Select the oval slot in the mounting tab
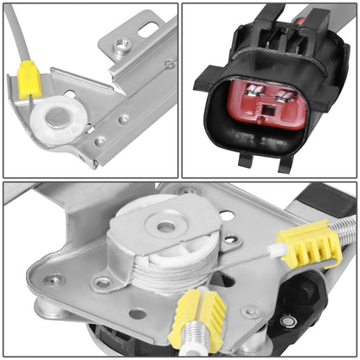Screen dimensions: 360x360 (148, 29)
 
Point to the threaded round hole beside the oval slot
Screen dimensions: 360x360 (120, 41)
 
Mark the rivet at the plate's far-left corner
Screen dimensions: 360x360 (54, 280)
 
